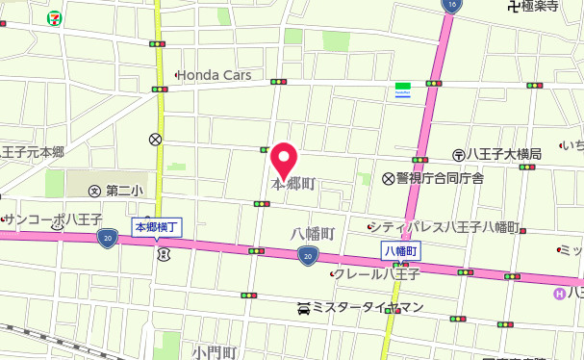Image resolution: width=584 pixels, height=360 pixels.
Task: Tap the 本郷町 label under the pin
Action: point(293,183)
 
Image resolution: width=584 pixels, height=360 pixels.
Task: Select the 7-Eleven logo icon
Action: point(58,16)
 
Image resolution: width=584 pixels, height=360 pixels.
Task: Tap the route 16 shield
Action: point(452,6)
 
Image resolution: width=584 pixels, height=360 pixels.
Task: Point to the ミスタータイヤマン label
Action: point(368,308)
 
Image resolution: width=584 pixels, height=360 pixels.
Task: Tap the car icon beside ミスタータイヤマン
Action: point(304,308)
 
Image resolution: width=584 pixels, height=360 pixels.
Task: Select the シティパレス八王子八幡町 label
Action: point(447,227)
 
